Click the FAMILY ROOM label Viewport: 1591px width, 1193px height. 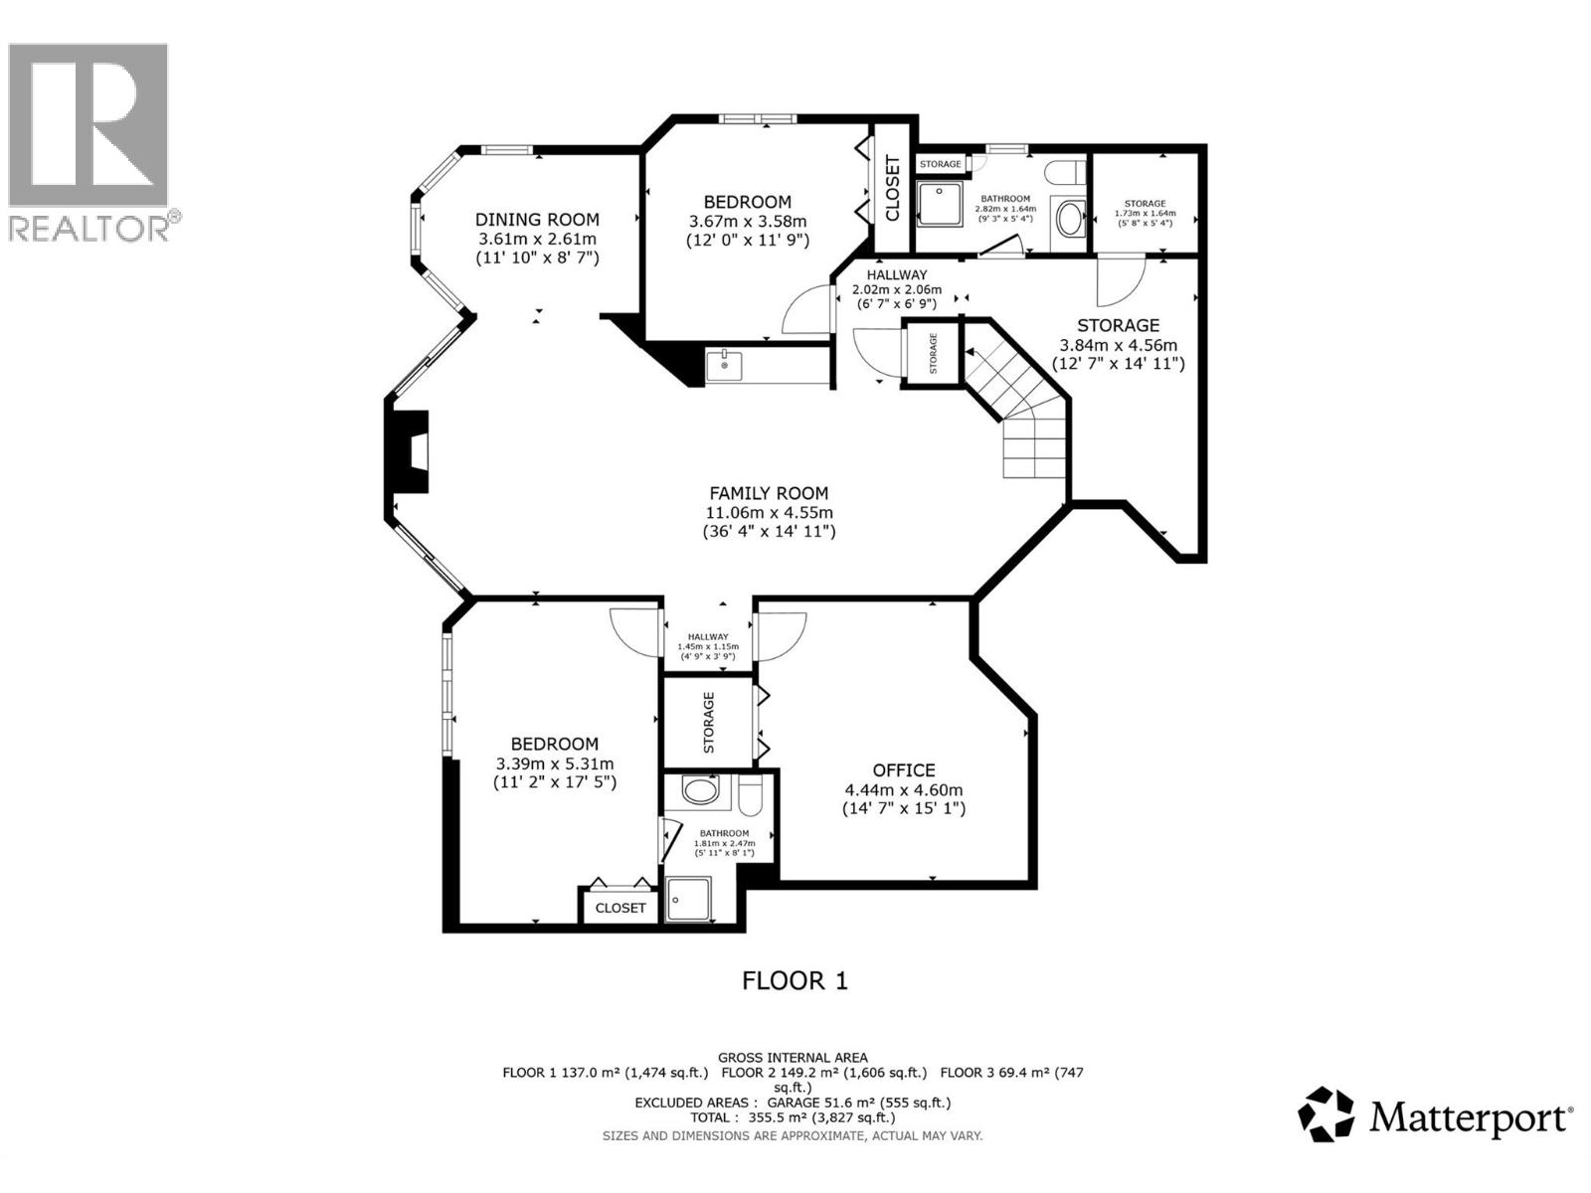[768, 493]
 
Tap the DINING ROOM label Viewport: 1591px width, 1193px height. [537, 220]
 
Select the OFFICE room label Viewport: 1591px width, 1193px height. [903, 769]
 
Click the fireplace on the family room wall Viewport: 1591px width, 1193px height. [410, 451]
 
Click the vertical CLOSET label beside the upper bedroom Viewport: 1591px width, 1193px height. [892, 188]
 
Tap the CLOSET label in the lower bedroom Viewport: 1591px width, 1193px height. [619, 908]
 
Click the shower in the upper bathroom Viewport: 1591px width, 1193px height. [939, 203]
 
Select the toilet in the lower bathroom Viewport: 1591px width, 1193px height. [750, 795]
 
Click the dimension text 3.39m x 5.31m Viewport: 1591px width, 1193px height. [555, 764]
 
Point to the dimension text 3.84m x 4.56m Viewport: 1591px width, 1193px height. [1119, 345]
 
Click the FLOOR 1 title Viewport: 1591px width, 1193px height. [795, 981]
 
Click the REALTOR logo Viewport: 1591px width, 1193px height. [89, 139]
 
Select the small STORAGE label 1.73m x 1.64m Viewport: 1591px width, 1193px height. [1145, 213]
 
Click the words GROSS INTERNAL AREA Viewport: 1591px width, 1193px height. [793, 1058]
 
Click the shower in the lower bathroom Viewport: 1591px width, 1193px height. [689, 899]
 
